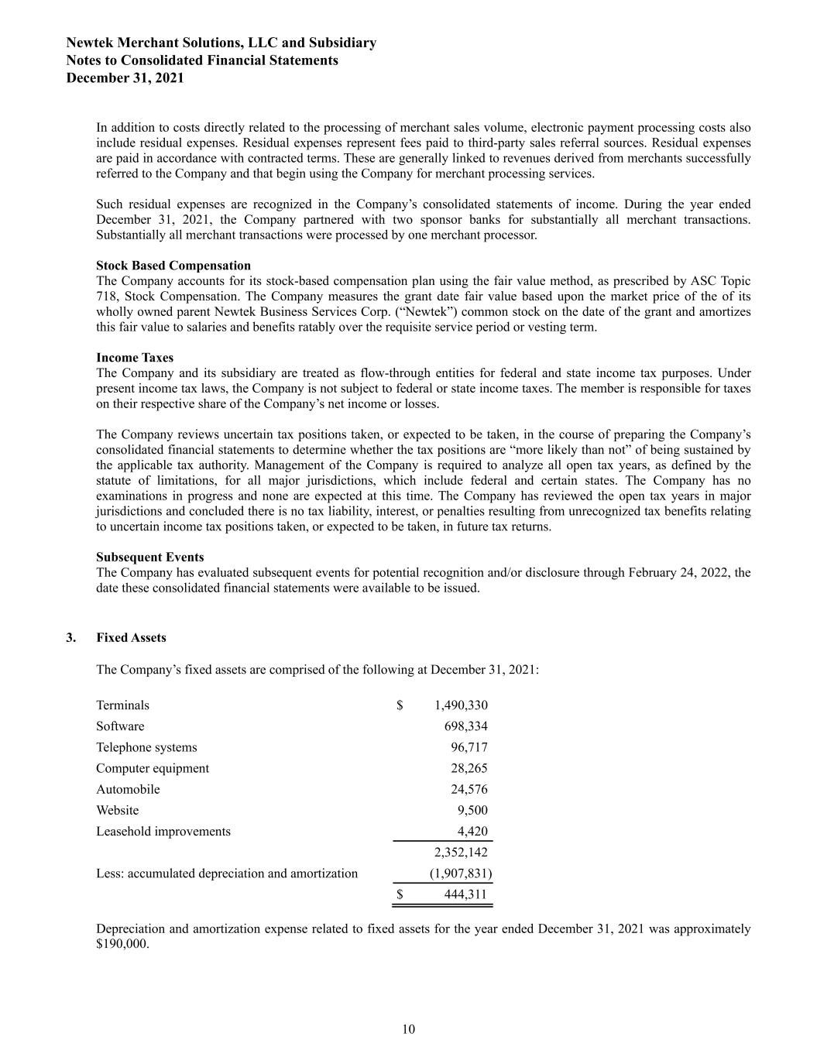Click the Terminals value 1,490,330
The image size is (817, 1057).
click(x=461, y=705)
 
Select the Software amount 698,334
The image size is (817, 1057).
click(x=465, y=726)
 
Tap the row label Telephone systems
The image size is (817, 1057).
click(x=146, y=747)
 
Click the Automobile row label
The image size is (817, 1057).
click(x=128, y=789)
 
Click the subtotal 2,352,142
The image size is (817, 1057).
click(x=461, y=853)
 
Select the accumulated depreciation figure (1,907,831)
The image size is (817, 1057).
click(x=461, y=873)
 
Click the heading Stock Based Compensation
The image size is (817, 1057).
click(x=173, y=266)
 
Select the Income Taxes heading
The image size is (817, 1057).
click(x=135, y=358)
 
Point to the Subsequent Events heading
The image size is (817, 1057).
click(x=150, y=558)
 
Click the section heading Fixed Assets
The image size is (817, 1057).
click(x=131, y=638)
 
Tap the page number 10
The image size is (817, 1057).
click(x=409, y=1029)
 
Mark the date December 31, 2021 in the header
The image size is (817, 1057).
click(x=125, y=78)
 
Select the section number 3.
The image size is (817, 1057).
click(x=71, y=638)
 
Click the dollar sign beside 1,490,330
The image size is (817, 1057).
click(x=400, y=705)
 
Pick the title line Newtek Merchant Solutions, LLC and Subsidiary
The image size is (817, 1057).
click(x=221, y=43)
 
